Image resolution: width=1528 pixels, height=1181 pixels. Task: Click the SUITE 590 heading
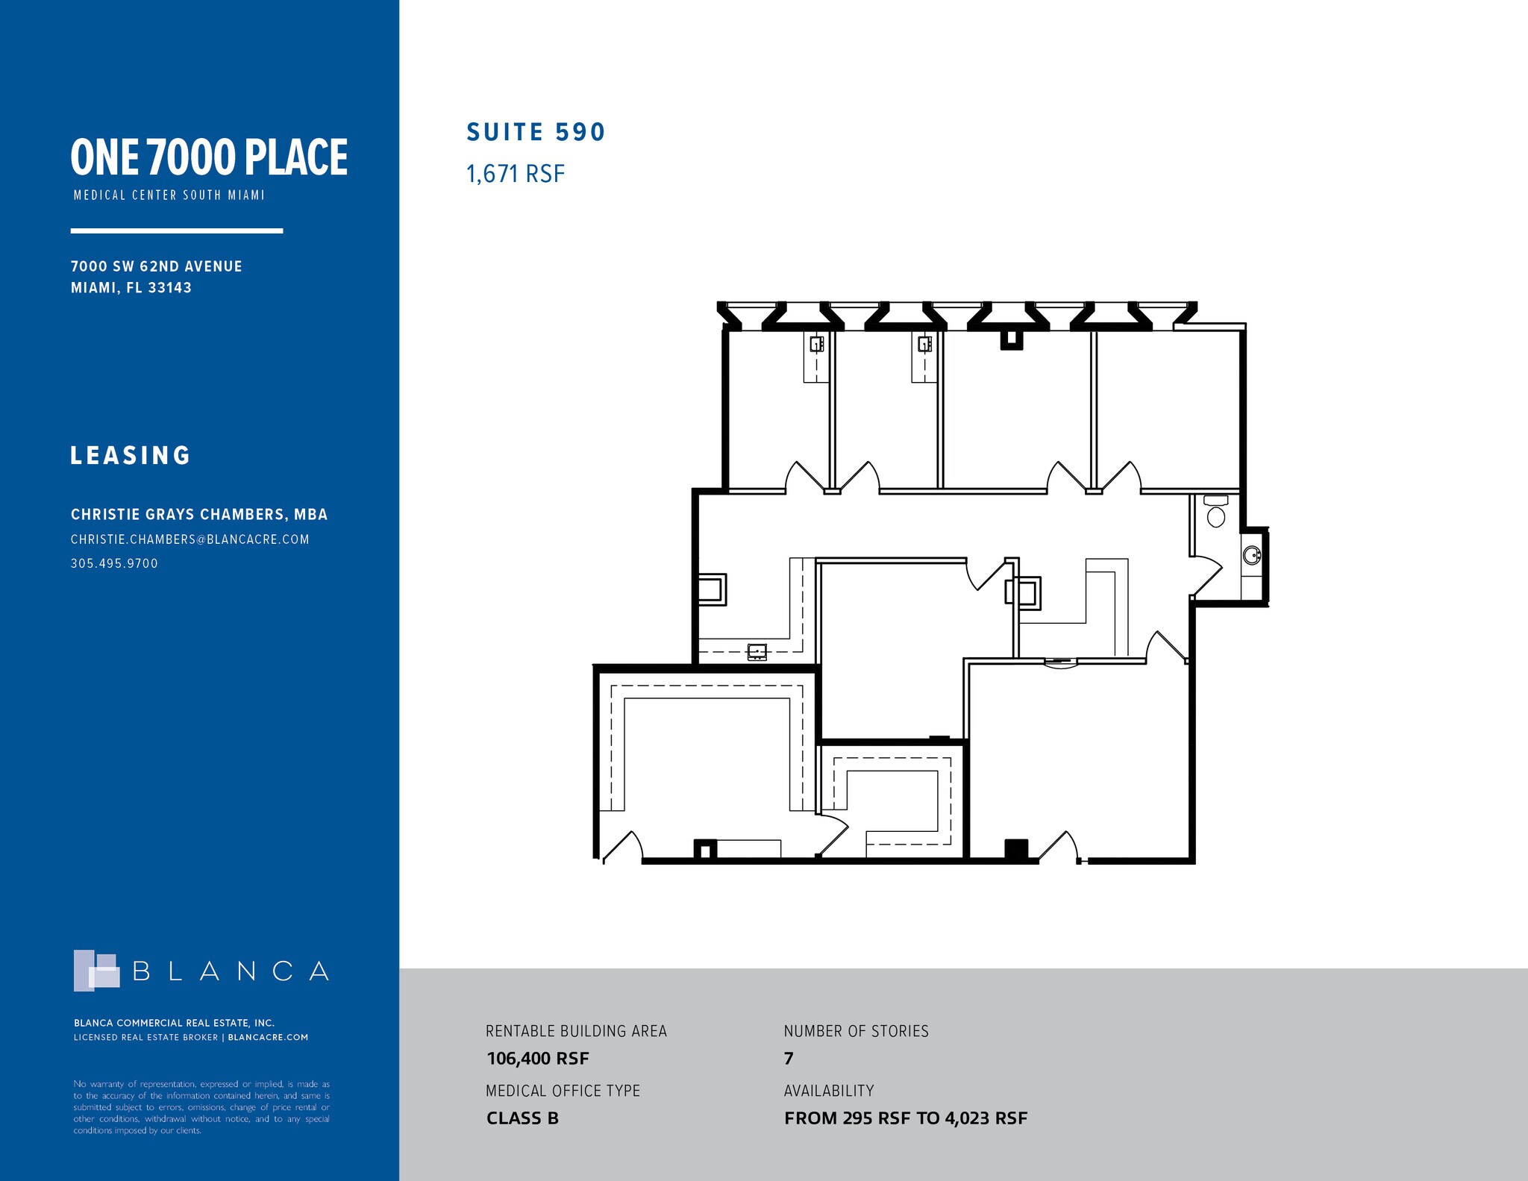point(536,132)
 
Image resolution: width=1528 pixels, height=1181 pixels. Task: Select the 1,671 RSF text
point(516,174)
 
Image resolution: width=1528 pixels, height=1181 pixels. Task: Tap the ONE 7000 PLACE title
point(209,157)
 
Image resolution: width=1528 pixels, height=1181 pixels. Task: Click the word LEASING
point(131,455)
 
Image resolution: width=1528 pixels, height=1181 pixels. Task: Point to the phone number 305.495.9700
point(114,563)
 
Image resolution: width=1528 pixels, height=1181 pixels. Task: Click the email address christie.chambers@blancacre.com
point(190,539)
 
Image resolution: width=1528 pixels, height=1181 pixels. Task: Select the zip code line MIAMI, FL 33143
point(131,287)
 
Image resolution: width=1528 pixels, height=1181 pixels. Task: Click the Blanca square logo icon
point(96,970)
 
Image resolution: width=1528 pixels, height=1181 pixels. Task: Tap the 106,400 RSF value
point(538,1059)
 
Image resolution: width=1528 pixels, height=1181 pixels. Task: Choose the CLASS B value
point(522,1118)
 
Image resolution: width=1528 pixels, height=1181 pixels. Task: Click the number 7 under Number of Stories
point(789,1059)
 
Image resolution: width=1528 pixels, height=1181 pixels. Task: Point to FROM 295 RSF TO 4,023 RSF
point(906,1118)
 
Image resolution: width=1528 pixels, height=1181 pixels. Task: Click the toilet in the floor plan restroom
point(1216,511)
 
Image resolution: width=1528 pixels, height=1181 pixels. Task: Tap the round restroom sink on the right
point(1252,555)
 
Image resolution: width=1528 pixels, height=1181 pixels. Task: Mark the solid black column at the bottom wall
point(1016,850)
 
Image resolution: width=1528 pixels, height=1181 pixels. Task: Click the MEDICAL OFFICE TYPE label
point(563,1091)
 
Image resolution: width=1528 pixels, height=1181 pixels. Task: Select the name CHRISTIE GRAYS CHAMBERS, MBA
point(199,514)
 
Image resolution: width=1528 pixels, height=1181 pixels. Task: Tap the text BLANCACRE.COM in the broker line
point(268,1037)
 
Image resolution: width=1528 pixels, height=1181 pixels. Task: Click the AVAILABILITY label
point(829,1091)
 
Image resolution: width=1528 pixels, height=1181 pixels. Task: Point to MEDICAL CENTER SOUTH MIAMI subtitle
point(169,195)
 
